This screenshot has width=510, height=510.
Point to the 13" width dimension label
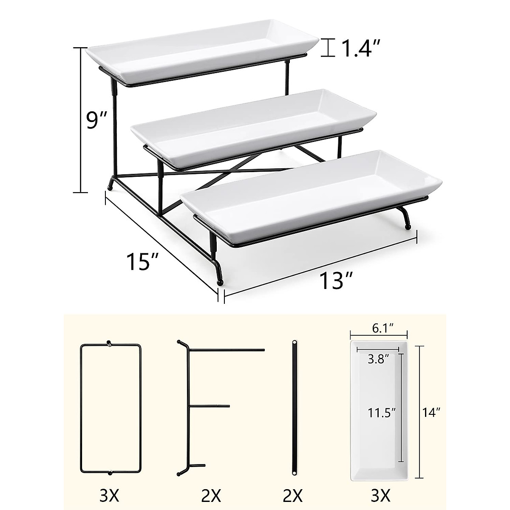click(330, 280)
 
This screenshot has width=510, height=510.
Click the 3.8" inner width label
click(377, 359)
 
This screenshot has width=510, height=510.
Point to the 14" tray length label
click(431, 411)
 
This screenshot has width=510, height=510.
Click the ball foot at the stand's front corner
click(220, 282)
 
